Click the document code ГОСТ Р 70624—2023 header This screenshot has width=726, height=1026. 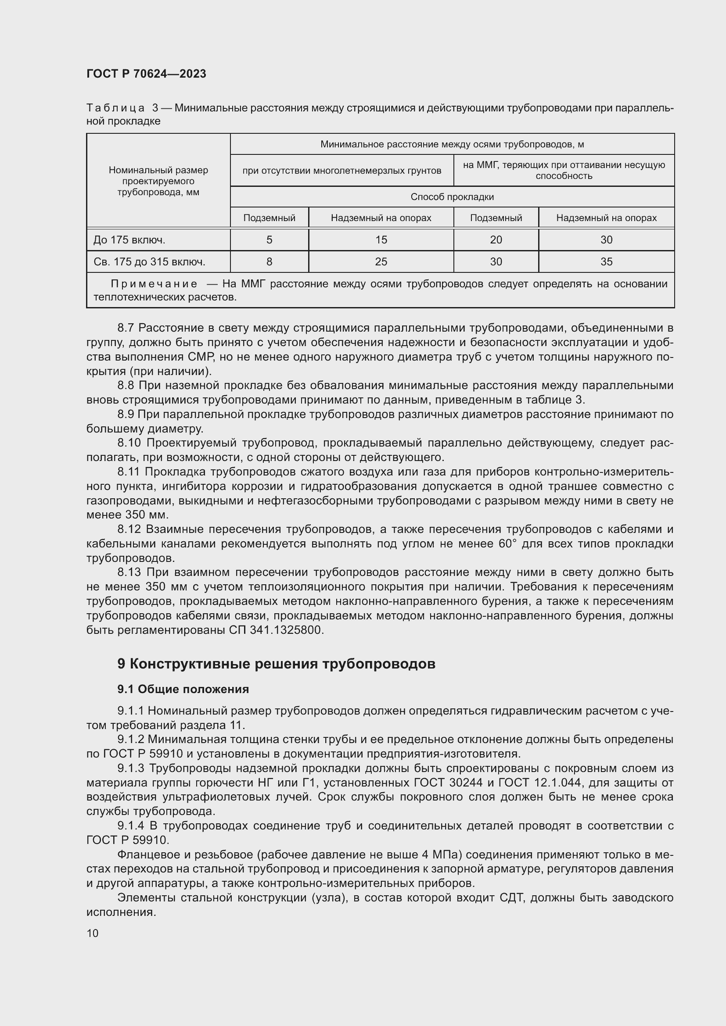pos(146,74)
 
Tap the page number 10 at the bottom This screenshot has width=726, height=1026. pos(93,933)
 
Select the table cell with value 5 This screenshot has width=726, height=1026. pos(269,240)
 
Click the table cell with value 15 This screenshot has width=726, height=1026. pos(381,240)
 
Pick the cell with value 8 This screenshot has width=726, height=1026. pos(269,262)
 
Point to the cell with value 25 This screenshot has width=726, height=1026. pos(381,262)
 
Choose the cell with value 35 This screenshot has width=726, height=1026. pos(606,262)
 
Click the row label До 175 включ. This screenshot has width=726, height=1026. pos(129,240)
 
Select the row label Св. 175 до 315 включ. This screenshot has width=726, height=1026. pos(149,262)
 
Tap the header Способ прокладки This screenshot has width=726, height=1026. pos(452,197)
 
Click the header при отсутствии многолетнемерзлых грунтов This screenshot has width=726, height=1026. pos(341,171)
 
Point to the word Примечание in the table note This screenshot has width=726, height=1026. pos(154,284)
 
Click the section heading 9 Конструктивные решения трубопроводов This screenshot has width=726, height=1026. pos(276,664)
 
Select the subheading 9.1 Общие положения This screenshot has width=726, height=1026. pos(183,689)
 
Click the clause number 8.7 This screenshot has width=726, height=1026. pos(126,328)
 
